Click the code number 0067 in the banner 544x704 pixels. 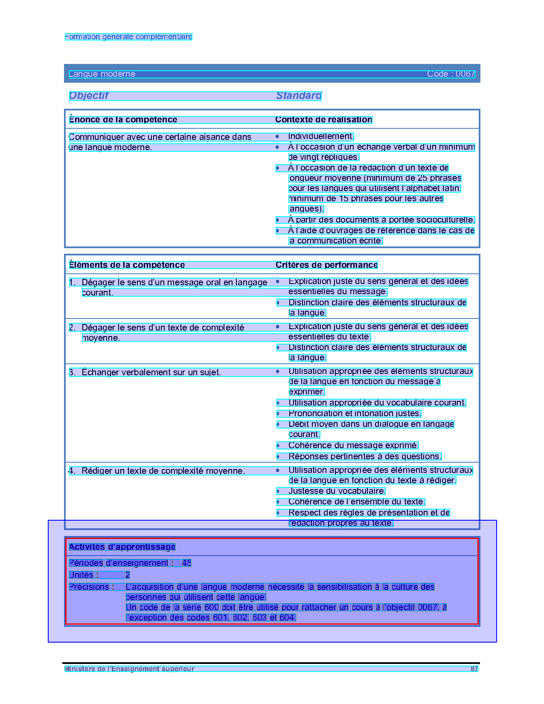coord(465,74)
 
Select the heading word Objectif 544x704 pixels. coord(89,96)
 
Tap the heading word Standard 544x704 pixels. coord(299,96)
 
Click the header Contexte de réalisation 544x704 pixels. coord(323,120)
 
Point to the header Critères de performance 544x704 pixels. coord(326,265)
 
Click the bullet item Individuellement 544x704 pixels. coord(321,136)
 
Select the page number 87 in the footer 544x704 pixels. coord(474,669)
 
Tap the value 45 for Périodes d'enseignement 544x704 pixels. coord(186,563)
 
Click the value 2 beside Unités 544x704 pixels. coord(128,575)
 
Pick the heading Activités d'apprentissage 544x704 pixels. coord(122,547)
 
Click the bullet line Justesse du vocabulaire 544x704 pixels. coord(337,491)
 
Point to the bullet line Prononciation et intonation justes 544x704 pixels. coord(355,414)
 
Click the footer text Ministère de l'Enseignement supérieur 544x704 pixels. coord(129,669)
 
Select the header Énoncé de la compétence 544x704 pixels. coord(123,120)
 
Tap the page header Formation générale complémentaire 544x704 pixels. coord(128,37)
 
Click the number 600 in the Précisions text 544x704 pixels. coord(211,608)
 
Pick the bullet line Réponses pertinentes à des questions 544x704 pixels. coord(365,457)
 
